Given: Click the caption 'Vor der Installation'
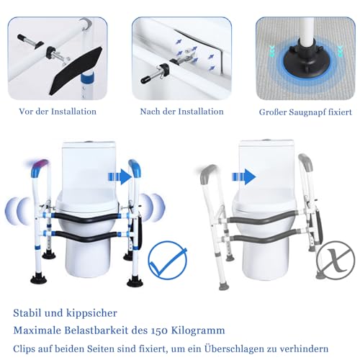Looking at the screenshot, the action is [x=58, y=112].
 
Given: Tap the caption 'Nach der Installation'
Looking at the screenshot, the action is [x=181, y=112].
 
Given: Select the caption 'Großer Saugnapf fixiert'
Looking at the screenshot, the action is [x=305, y=112].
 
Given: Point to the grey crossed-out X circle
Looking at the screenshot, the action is [x=336, y=260].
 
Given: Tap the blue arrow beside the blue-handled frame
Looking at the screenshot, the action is [x=120, y=177].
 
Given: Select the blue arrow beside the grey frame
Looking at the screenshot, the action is [x=243, y=177].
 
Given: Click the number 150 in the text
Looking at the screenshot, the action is [x=159, y=330].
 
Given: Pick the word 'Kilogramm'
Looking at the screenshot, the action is [x=198, y=331].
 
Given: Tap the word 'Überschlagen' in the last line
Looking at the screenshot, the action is [x=235, y=348].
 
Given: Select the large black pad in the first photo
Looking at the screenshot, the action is [x=76, y=70].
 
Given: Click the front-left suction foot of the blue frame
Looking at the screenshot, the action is [x=39, y=279].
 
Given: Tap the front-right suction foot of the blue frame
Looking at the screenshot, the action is [x=135, y=281].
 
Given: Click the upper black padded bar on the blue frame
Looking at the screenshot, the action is [x=86, y=217].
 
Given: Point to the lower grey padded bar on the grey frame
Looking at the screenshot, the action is [x=266, y=238].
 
